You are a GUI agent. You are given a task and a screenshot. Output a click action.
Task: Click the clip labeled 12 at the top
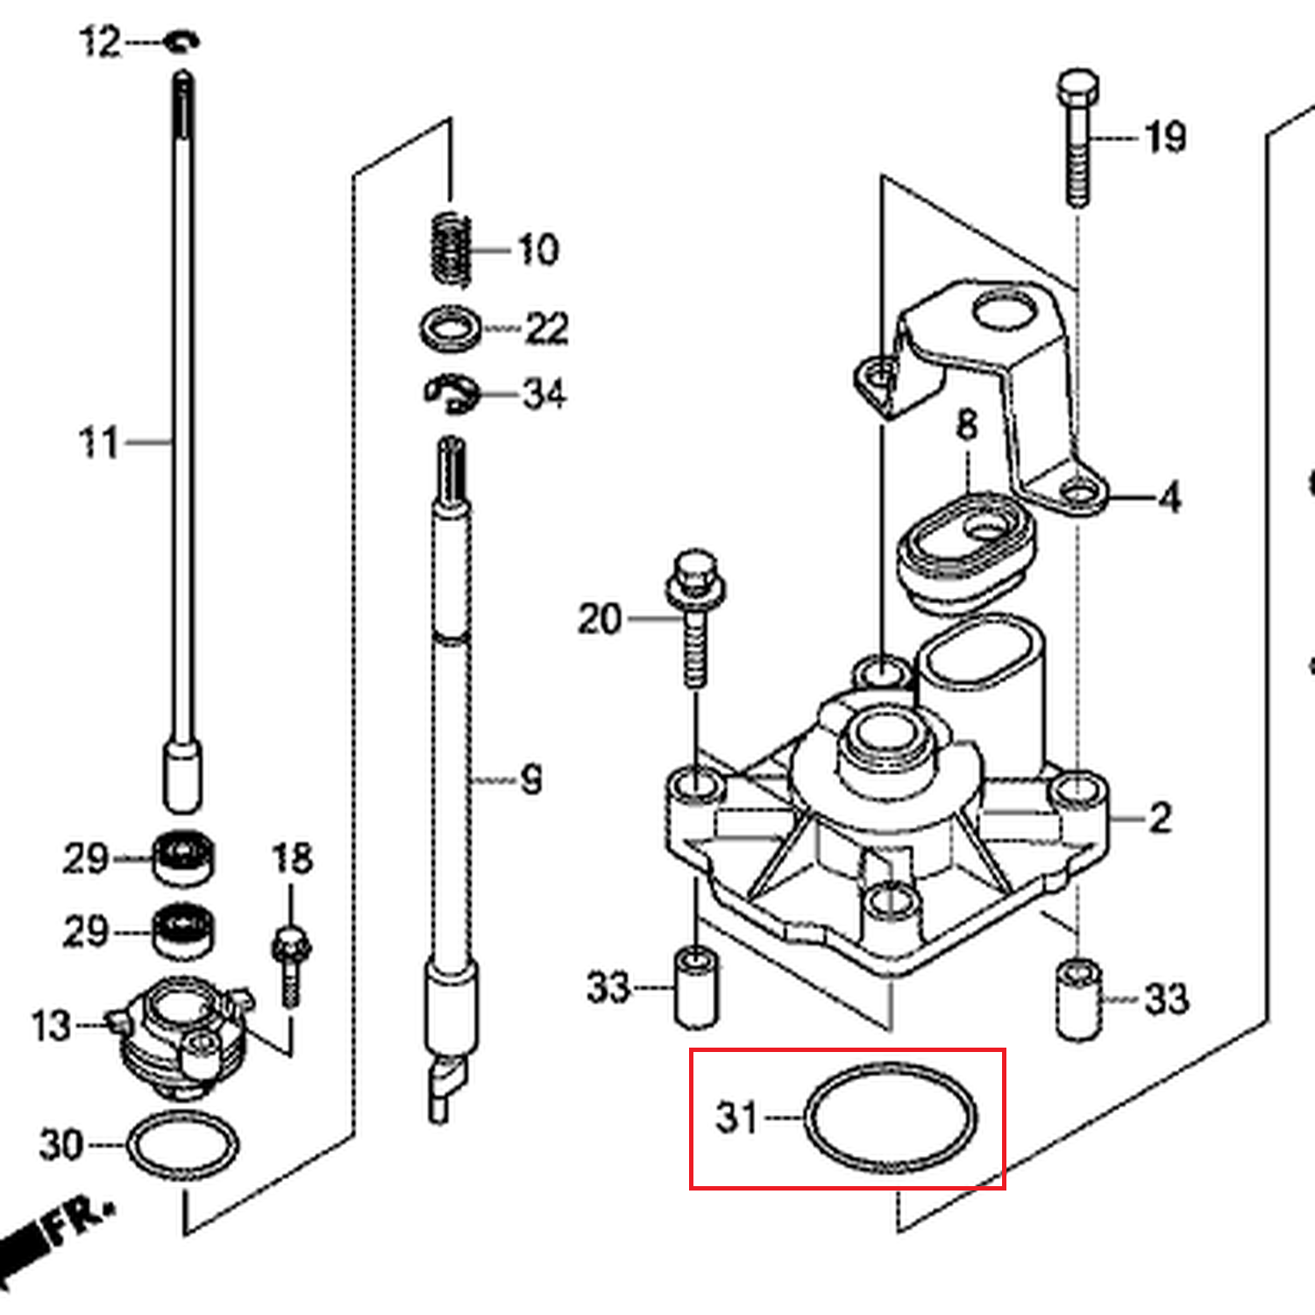click(x=182, y=41)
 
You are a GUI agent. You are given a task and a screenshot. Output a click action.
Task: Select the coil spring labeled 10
click(x=451, y=250)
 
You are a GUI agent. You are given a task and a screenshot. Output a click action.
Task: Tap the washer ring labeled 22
click(x=451, y=329)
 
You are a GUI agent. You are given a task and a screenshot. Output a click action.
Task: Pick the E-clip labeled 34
click(x=452, y=394)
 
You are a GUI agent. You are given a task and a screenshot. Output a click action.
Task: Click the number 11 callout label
click(x=98, y=443)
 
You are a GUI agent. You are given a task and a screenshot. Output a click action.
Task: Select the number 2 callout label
click(x=1160, y=818)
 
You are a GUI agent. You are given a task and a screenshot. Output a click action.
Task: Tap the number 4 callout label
click(x=1169, y=498)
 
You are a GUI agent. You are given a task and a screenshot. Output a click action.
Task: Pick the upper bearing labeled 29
click(x=183, y=857)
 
